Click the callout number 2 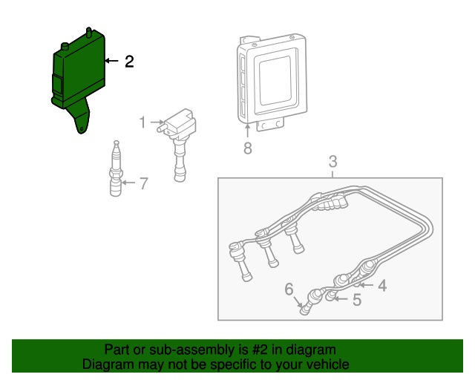point(129,62)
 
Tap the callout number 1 point(142,122)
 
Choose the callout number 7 point(143,183)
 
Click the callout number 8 point(248,148)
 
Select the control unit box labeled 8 point(272,82)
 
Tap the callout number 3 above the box point(333,162)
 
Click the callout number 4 point(383,286)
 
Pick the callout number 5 point(357,300)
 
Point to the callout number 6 point(289,289)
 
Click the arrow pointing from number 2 point(112,61)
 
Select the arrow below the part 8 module point(247,131)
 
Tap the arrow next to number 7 point(129,183)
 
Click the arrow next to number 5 point(341,299)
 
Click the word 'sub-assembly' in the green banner point(191,350)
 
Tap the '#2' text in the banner point(260,350)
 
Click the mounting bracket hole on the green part point(81,129)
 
